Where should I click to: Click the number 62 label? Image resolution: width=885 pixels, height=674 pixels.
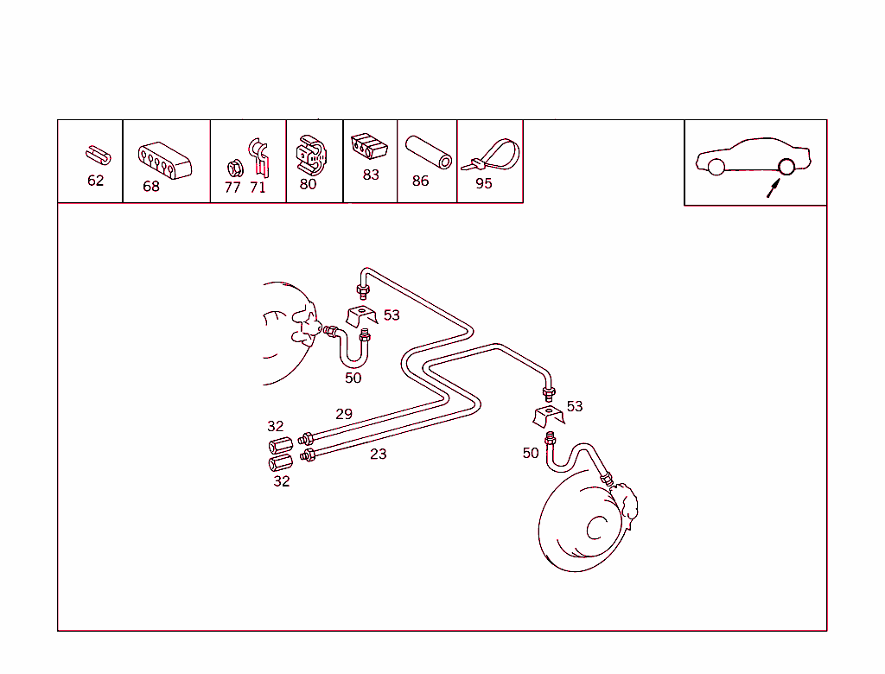click(95, 181)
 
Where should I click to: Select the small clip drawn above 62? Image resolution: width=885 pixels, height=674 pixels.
click(99, 156)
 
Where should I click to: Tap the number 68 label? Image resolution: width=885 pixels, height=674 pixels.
click(151, 187)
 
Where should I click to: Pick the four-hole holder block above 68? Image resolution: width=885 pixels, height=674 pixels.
click(165, 161)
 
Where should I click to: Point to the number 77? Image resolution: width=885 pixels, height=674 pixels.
click(232, 188)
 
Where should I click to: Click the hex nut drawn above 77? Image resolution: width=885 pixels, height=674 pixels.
click(235, 168)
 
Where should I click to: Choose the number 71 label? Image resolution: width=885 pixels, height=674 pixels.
click(258, 188)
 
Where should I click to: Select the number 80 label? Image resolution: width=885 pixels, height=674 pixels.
click(308, 184)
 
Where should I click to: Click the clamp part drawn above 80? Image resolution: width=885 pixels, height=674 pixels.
click(311, 155)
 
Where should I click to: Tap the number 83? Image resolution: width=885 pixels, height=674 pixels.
click(371, 175)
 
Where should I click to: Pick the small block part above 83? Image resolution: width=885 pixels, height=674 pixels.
click(369, 146)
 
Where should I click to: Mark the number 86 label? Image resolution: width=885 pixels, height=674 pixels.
click(421, 181)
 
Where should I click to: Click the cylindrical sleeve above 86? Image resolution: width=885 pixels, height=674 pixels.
click(429, 152)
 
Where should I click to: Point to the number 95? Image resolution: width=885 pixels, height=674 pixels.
click(484, 183)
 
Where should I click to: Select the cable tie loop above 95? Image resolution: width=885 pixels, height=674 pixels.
click(491, 156)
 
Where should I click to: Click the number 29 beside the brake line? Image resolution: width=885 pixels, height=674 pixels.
click(344, 414)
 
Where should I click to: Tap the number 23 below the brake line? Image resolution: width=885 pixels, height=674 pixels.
click(379, 454)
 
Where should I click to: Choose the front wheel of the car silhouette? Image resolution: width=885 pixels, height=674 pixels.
click(716, 167)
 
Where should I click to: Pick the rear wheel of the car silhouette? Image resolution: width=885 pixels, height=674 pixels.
click(786, 167)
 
